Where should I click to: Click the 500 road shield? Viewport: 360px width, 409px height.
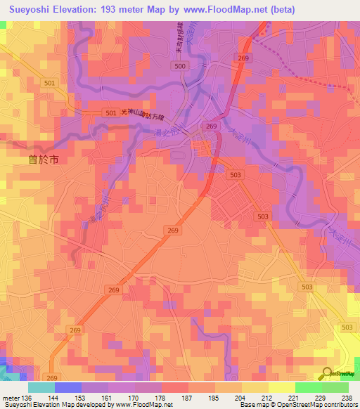tap(181, 65)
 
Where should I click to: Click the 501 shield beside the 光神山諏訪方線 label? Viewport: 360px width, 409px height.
tap(110, 112)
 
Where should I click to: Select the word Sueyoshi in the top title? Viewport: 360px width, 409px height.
tap(28, 9)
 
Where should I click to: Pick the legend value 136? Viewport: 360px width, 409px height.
tap(25, 397)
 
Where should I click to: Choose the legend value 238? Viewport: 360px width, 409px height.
tap(347, 397)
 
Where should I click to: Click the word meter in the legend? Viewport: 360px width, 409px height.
tap(9, 397)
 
